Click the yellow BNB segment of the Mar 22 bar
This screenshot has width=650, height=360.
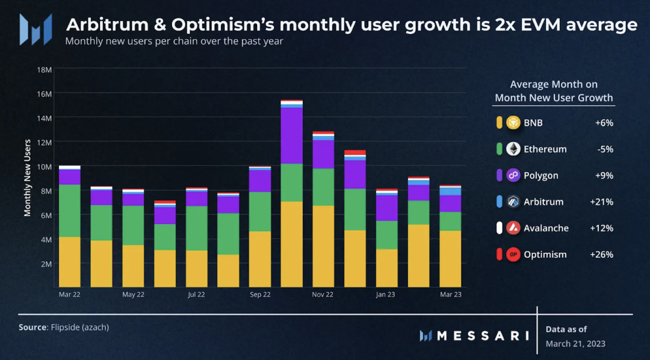pyautogui.click(x=70, y=262)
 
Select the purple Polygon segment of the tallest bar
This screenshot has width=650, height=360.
pyautogui.click(x=292, y=135)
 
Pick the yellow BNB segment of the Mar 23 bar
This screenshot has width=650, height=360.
pyautogui.click(x=450, y=259)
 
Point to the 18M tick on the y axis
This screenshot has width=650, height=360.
pyautogui.click(x=45, y=70)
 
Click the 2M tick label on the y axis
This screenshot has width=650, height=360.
pyautogui.click(x=45, y=264)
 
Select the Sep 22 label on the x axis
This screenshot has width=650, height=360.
pyautogui.click(x=259, y=295)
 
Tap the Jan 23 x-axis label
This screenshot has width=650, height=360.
pyautogui.click(x=386, y=295)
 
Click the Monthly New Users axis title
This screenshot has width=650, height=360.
pyautogui.click(x=28, y=178)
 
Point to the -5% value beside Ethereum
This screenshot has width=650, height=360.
pyautogui.click(x=604, y=149)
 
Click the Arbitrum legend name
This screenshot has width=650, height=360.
pyautogui.click(x=543, y=202)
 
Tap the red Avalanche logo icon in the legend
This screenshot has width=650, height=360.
pyautogui.click(x=513, y=228)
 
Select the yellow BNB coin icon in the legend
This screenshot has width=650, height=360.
pyautogui.click(x=513, y=123)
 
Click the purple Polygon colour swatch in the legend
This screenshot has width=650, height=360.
pyautogui.click(x=499, y=176)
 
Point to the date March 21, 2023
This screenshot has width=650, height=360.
pyautogui.click(x=575, y=344)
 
